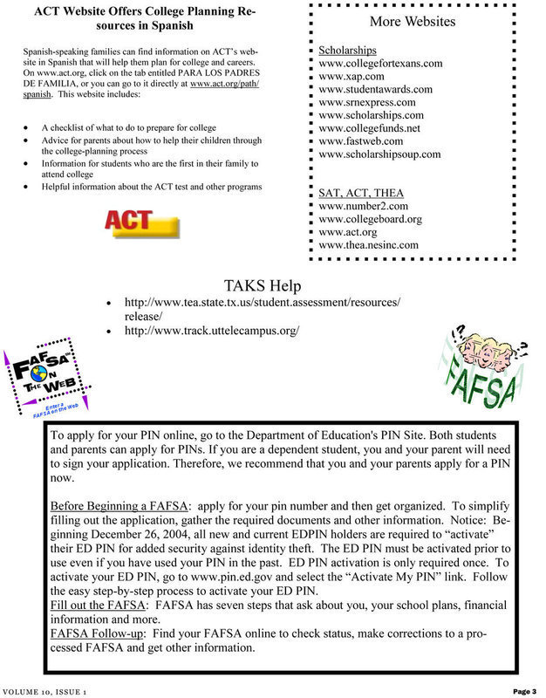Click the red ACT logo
click(141, 223)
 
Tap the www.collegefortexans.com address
click(381, 64)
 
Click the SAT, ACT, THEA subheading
click(360, 193)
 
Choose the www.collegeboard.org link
click(371, 219)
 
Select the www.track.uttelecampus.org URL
click(212, 331)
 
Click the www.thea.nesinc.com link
click(369, 245)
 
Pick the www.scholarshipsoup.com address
click(380, 154)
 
